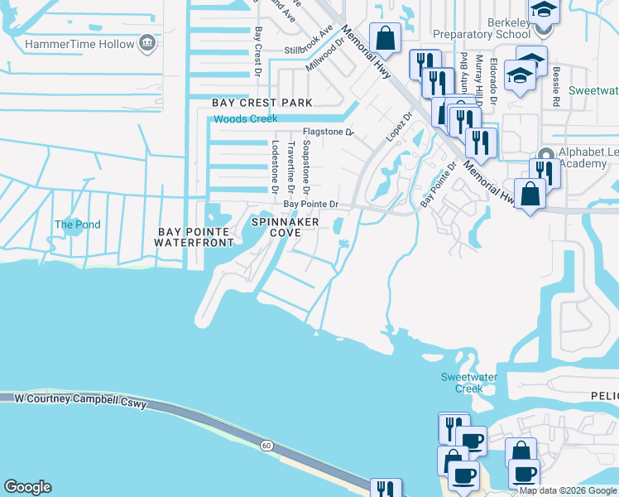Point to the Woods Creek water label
click(x=246, y=119)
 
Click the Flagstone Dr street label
click(x=328, y=132)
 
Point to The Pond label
click(x=77, y=224)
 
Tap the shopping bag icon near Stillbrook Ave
click(x=385, y=37)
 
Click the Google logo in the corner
click(x=27, y=487)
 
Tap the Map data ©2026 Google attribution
click(x=568, y=490)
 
